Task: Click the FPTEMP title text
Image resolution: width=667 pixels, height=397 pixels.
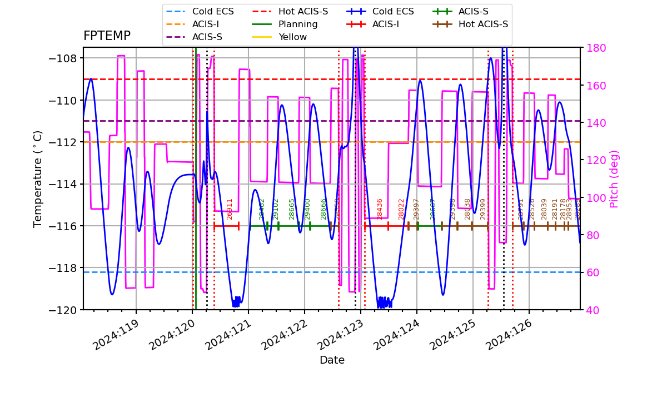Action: point(107,36)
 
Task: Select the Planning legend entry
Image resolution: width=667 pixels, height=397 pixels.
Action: point(298,24)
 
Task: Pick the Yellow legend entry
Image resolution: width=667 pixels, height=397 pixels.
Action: point(292,37)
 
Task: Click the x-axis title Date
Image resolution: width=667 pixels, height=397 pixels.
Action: point(332,360)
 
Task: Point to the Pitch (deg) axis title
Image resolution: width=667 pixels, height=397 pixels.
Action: point(614,178)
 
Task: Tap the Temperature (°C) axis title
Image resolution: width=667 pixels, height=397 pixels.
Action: point(38,178)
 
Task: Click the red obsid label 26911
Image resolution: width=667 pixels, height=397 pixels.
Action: point(230,209)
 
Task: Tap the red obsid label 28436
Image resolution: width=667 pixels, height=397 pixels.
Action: point(380,209)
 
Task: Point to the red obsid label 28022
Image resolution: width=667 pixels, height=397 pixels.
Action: point(401,209)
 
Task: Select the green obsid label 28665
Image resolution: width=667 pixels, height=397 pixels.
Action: point(292,209)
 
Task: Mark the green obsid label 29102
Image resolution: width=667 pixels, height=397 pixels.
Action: point(276,209)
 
